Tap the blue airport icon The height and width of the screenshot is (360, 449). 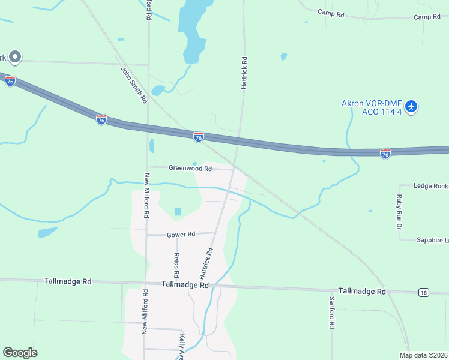(x=411, y=107)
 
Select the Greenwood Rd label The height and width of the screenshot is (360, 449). (x=190, y=169)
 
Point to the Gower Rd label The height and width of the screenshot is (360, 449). (x=181, y=234)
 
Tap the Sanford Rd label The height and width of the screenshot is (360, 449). (x=331, y=313)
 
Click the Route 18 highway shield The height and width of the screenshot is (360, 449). (x=424, y=292)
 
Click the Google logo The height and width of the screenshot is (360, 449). (x=20, y=353)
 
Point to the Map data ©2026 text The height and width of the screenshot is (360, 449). (x=424, y=355)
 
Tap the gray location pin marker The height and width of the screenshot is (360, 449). (x=15, y=57)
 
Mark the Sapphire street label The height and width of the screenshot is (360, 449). (x=432, y=240)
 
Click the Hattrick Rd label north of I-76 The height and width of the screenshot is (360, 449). (x=244, y=74)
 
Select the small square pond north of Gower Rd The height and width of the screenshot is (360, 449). (x=178, y=212)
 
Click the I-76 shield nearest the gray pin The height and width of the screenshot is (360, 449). (x=10, y=81)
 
